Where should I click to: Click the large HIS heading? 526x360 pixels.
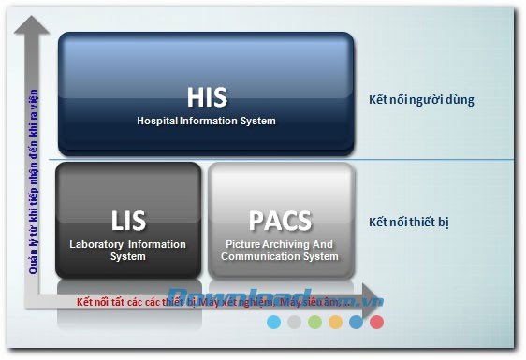click(207, 97)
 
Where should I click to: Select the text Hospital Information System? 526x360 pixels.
click(207, 121)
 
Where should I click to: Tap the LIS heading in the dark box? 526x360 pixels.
click(128, 222)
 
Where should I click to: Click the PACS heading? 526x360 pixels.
click(280, 222)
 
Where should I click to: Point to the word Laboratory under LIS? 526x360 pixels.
click(100, 245)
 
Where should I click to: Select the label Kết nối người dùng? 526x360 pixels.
click(421, 100)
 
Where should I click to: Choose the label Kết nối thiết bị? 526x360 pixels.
click(408, 222)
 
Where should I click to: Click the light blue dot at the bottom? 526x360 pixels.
click(273, 322)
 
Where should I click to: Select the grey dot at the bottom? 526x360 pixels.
click(294, 322)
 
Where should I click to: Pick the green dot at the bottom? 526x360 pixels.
click(314, 322)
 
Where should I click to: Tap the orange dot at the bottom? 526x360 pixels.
click(335, 322)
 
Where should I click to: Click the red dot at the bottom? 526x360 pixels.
click(376, 322)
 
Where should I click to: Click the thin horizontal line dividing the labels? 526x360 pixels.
click(440, 160)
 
